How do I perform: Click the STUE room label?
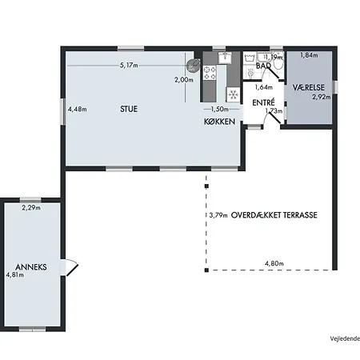tap(129, 109)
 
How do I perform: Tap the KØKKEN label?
tap(219, 122)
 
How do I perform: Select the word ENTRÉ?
tap(263, 102)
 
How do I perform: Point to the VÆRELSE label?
tap(309, 87)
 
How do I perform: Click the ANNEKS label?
tap(31, 267)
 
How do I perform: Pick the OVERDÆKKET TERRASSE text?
tap(274, 215)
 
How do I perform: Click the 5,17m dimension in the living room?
tap(129, 65)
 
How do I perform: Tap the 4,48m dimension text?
tap(78, 109)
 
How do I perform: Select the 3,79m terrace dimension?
tap(218, 215)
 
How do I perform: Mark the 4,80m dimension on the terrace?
tap(274, 263)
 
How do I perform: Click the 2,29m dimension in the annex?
tap(31, 207)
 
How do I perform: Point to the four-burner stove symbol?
tap(210, 73)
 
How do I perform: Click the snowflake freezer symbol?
tap(234, 94)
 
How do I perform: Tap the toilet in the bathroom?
tap(278, 63)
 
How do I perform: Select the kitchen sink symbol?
tap(225, 58)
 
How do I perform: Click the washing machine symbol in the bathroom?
tap(250, 58)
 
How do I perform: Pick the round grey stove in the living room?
tap(193, 66)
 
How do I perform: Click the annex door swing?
tap(71, 267)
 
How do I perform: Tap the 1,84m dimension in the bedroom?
tap(310, 55)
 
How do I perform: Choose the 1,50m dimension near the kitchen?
tap(220, 109)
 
